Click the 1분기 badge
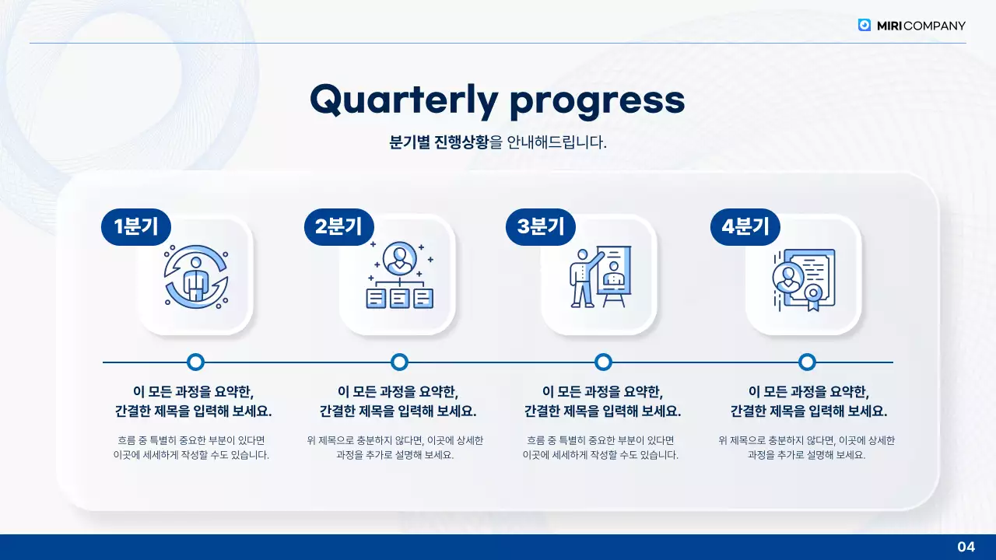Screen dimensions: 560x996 [135, 227]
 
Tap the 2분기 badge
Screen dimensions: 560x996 [338, 227]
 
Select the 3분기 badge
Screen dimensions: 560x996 [541, 227]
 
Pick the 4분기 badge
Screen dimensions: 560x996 [745, 227]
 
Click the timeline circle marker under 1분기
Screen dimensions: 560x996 [196, 362]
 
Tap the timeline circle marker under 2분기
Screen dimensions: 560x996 [399, 362]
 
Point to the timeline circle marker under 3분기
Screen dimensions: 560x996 [603, 362]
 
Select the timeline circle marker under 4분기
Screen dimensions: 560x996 [807, 362]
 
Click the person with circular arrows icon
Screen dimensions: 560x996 [195, 277]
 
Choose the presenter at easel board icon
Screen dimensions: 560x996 [600, 277]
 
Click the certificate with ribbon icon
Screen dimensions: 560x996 [803, 278]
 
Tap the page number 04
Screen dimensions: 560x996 [966, 547]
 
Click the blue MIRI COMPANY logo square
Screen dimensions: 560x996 [864, 25]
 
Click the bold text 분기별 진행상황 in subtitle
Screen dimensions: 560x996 [440, 142]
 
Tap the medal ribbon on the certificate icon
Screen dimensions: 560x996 [813, 296]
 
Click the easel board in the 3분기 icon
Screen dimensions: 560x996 [615, 271]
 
